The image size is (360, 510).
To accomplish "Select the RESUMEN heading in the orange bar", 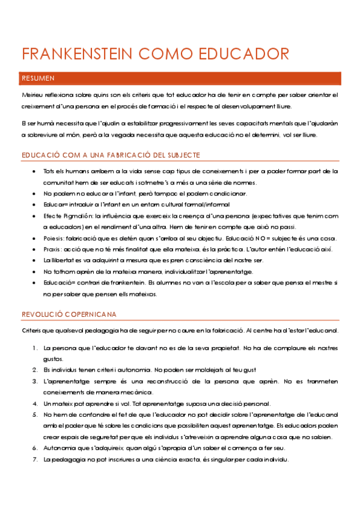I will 38,78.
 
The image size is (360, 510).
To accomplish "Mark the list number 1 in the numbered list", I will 34,348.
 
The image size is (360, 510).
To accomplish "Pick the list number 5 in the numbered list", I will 34,415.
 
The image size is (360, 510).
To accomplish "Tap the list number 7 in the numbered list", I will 34,459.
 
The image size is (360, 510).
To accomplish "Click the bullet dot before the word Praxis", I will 34,250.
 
